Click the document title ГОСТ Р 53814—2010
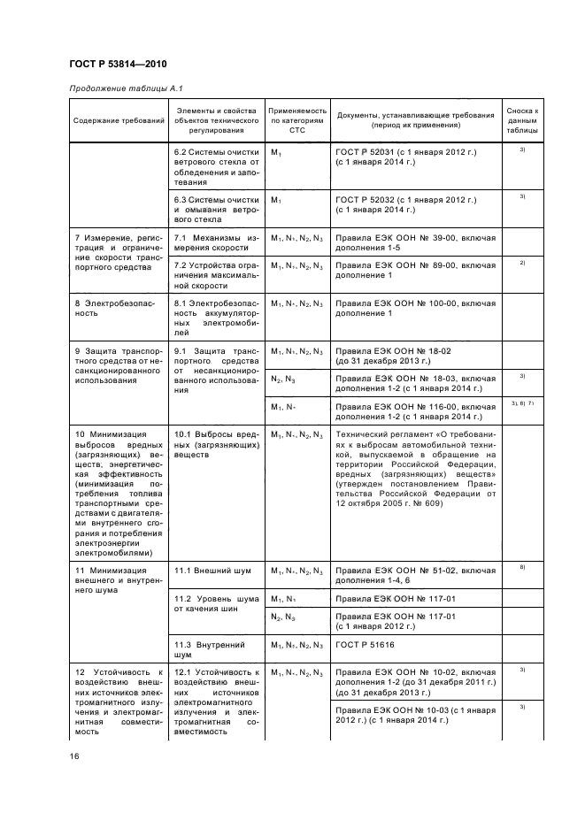point(117,64)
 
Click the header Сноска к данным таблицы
point(522,119)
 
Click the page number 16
point(74,755)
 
